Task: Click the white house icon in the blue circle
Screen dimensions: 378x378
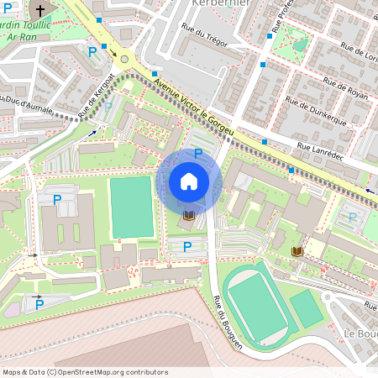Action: [x=189, y=181]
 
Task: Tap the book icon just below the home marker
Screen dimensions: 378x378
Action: [x=189, y=217]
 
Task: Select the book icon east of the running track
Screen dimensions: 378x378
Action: [x=297, y=251]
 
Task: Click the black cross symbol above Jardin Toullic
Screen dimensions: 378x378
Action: [x=39, y=11]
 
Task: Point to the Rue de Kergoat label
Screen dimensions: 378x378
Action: [x=95, y=99]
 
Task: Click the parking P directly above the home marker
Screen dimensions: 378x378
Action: [x=198, y=153]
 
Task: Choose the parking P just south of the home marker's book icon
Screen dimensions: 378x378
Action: [x=187, y=246]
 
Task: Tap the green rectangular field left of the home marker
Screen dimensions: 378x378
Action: [x=132, y=207]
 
